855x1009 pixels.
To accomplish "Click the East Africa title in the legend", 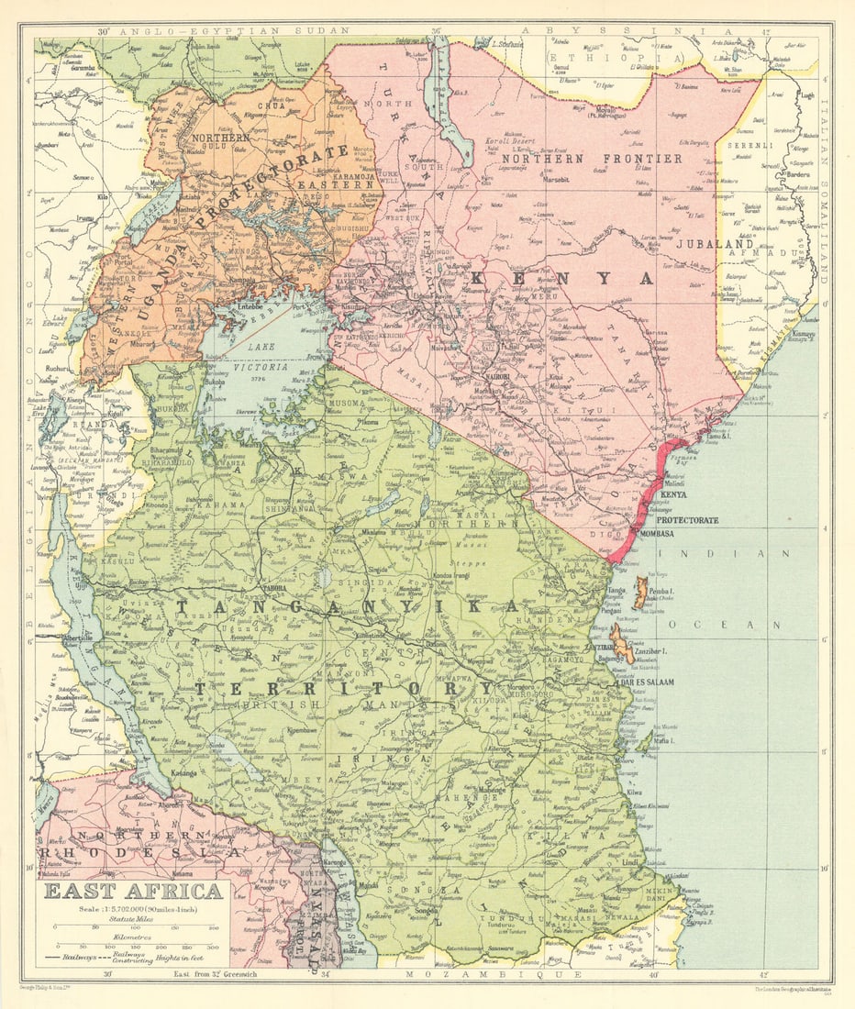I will pyautogui.click(x=134, y=892).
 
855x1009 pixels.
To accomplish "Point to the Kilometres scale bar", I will pyautogui.click(x=134, y=945).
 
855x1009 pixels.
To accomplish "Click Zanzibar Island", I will pyautogui.click(x=621, y=647).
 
